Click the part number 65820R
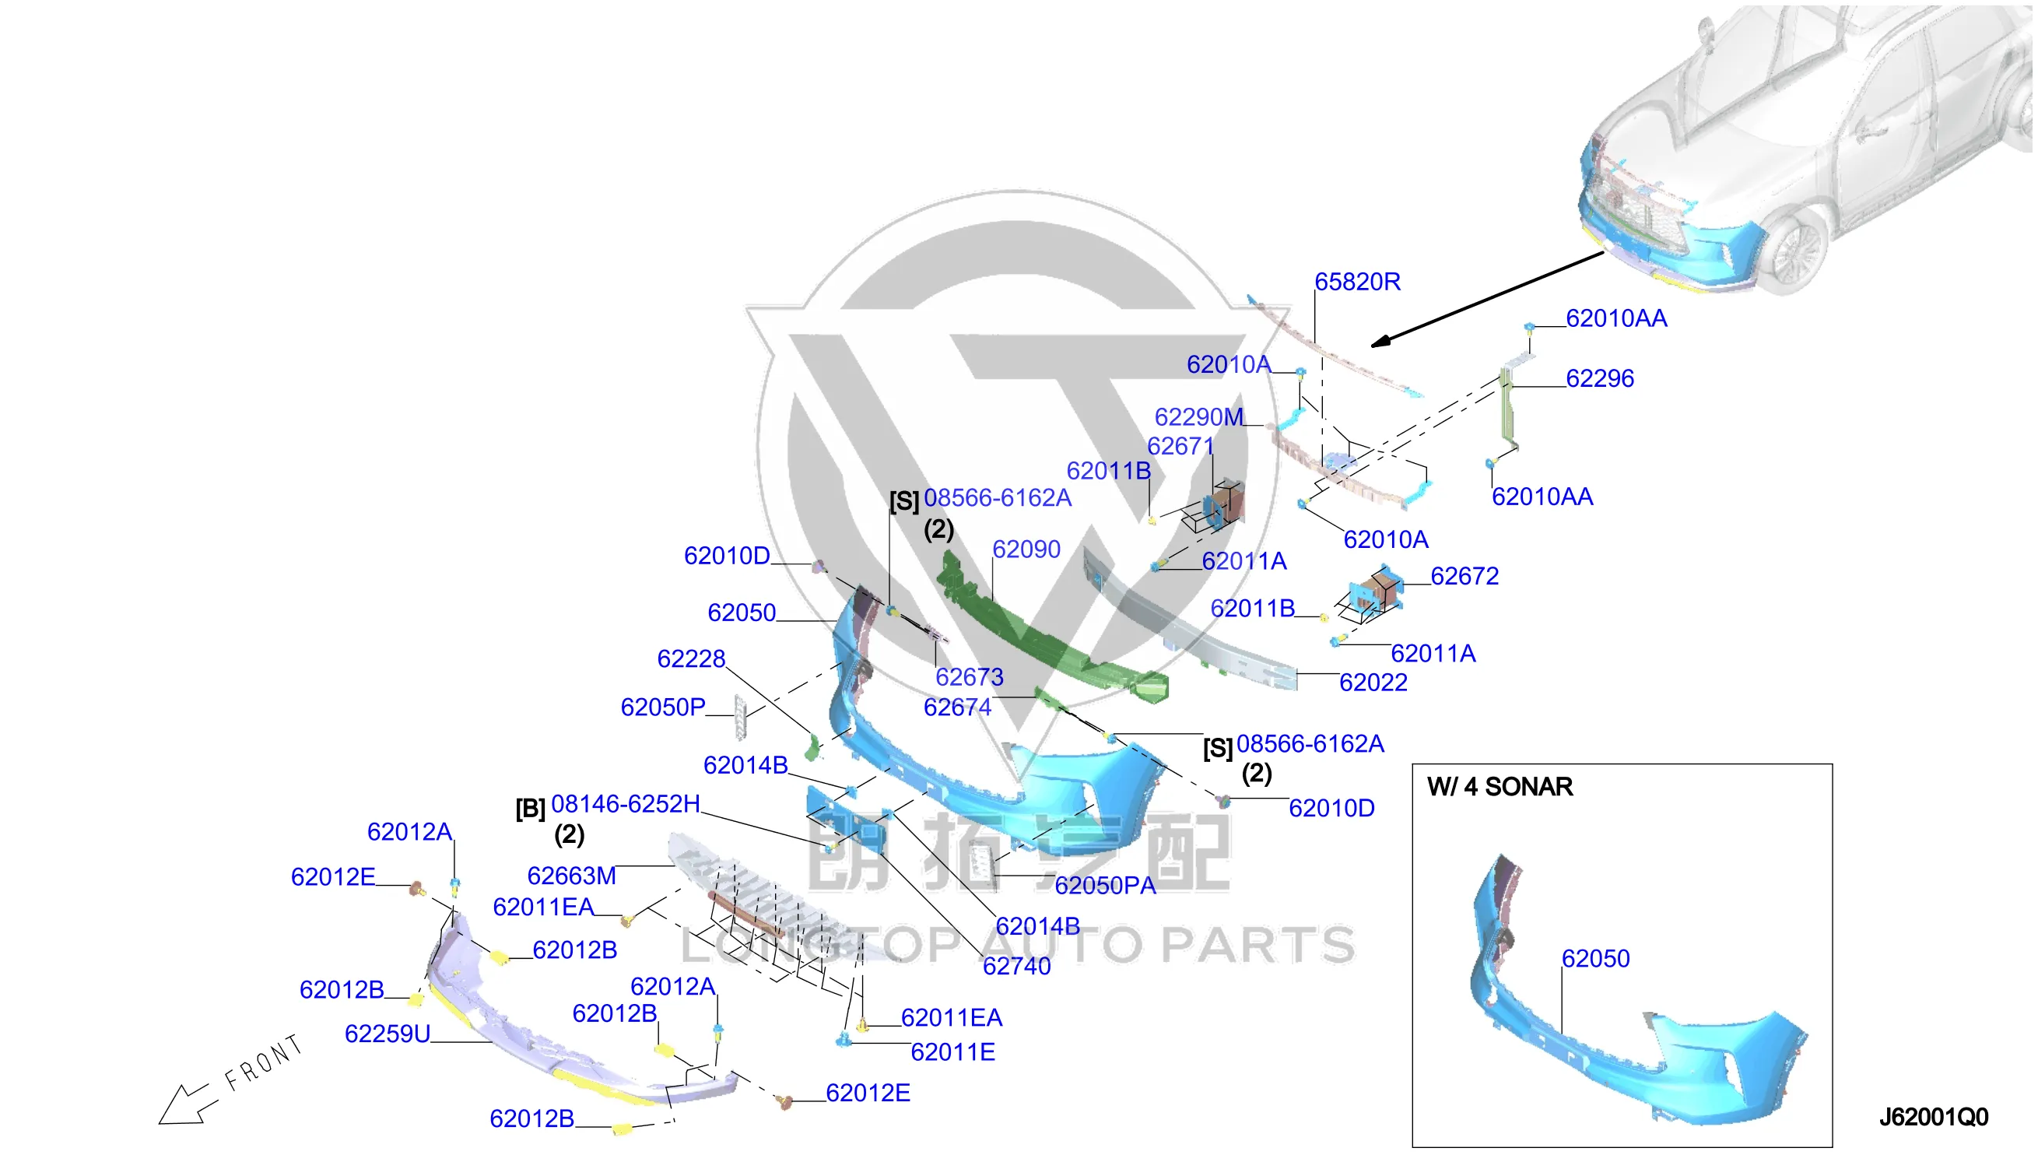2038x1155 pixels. click(1357, 282)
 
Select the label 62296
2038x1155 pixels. click(1599, 378)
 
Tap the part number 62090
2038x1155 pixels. click(1026, 549)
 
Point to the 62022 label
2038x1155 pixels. click(1373, 683)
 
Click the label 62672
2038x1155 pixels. click(1464, 576)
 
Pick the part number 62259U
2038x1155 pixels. click(387, 1034)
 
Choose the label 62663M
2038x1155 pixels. click(571, 876)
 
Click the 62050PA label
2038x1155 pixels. click(1105, 885)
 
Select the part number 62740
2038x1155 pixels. click(1016, 966)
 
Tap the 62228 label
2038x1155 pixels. click(691, 658)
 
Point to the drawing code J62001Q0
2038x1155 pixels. click(1932, 1117)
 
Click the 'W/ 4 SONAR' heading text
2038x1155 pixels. click(1499, 786)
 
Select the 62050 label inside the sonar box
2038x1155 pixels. click(1594, 958)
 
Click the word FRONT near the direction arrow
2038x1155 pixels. click(263, 1063)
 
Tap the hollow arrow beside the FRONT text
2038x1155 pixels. click(187, 1105)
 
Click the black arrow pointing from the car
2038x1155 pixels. click(1487, 300)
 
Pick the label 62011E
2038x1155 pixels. click(952, 1052)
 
